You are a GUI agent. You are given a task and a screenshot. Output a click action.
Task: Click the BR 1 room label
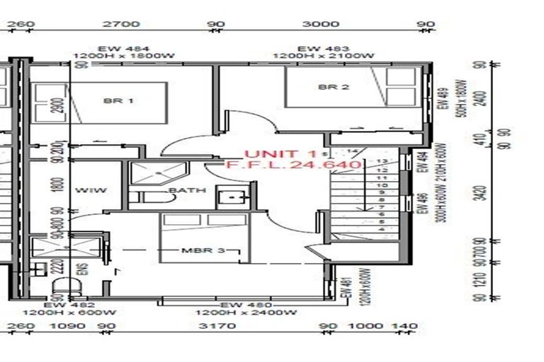(x=118, y=101)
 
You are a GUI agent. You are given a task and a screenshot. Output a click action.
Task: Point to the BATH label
(x=187, y=190)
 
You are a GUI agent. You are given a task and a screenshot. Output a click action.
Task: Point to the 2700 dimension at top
(x=121, y=24)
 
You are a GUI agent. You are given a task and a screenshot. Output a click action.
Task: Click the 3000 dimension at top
(x=320, y=24)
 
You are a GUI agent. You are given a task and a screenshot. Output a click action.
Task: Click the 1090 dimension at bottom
(x=69, y=326)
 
